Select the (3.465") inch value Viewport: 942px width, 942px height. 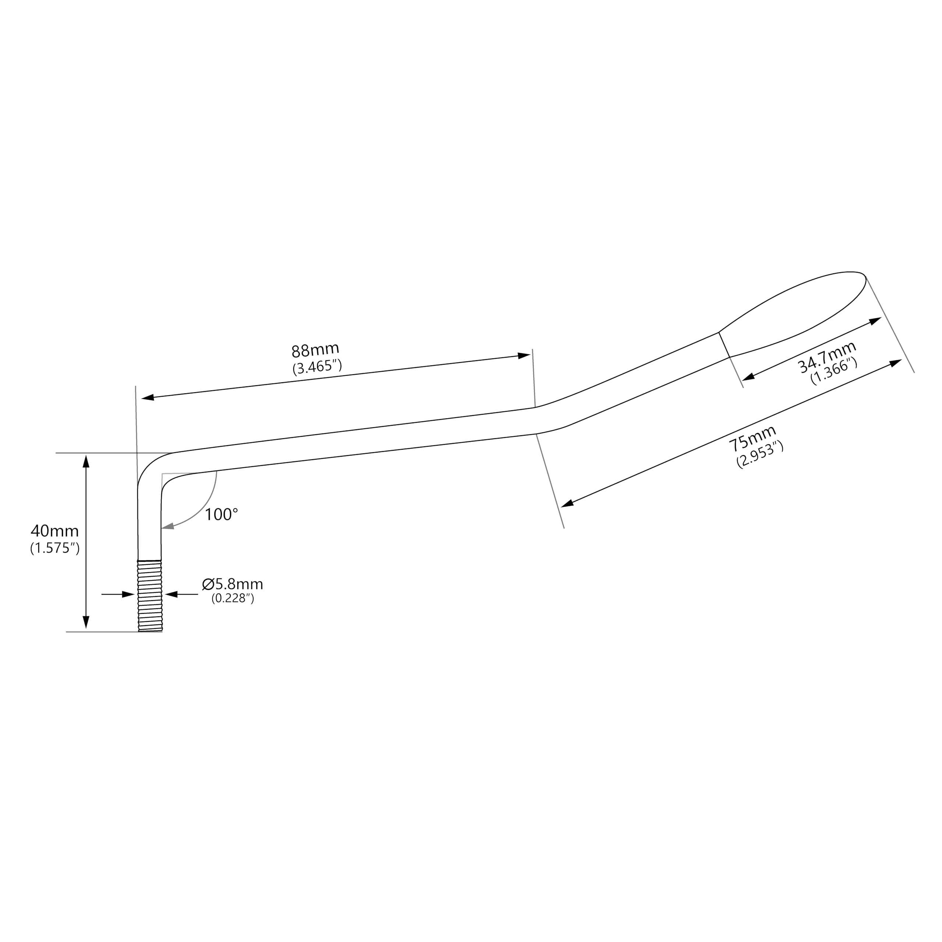coord(317,366)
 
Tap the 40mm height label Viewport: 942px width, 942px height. coord(54,531)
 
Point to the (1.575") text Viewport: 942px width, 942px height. coord(54,548)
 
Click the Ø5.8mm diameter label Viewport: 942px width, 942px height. coord(233,584)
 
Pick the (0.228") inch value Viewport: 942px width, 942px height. coord(233,598)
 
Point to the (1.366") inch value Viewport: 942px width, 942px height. coord(834,371)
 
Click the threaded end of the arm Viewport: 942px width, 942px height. coord(150,596)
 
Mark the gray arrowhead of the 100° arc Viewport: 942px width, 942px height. coord(168,526)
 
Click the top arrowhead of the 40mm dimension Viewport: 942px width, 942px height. coord(86,461)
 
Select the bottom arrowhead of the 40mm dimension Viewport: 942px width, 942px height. coord(86,622)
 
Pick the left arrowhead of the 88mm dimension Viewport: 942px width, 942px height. coord(148,398)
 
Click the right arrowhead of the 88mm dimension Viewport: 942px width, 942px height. coord(524,355)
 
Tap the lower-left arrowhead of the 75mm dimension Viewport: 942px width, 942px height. coord(567,504)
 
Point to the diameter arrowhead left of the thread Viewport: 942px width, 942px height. coord(128,594)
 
